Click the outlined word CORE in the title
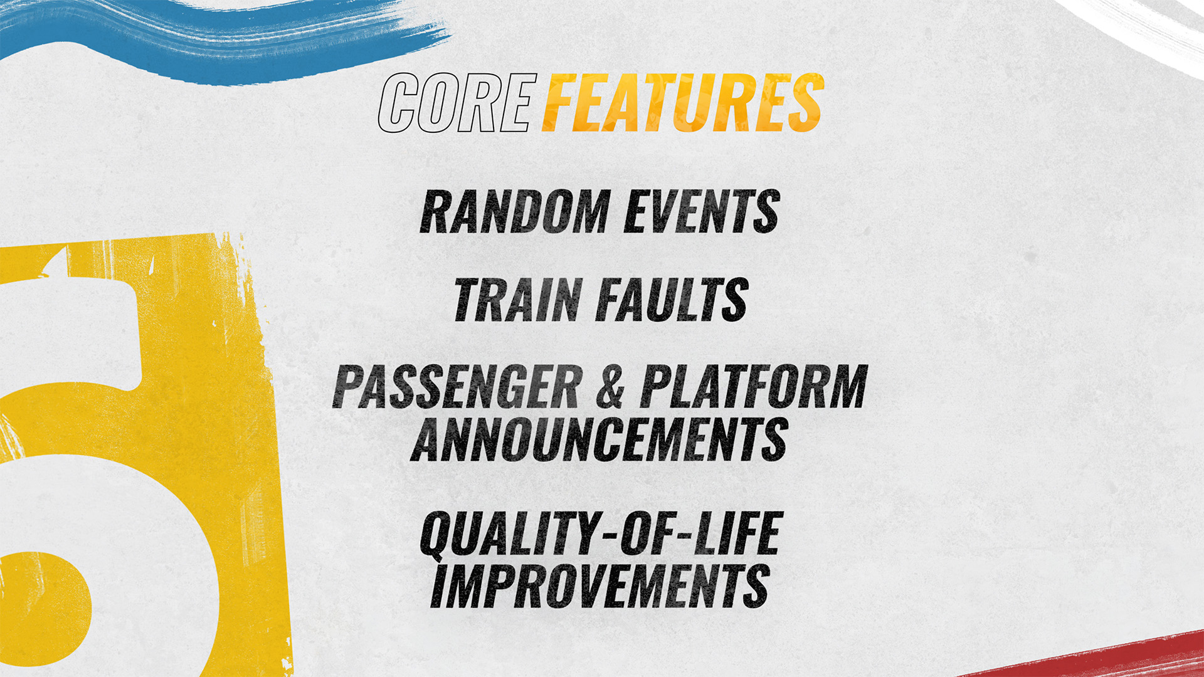(x=458, y=103)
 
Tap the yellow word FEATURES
(x=683, y=103)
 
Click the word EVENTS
(x=702, y=212)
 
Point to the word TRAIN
(x=518, y=300)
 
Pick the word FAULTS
(x=672, y=300)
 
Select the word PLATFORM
(x=753, y=387)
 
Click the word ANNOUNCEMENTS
(x=599, y=439)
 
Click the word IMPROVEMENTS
(x=600, y=585)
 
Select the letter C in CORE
(x=398, y=103)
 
